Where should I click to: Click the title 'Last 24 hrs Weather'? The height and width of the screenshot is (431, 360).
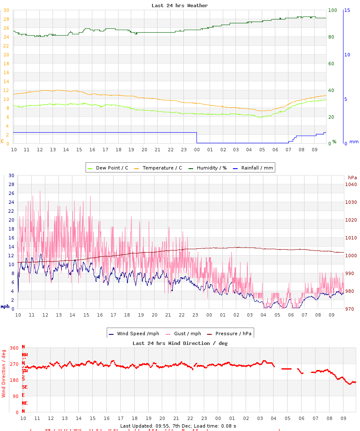click(x=180, y=6)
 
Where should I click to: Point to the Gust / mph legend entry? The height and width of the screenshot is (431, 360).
click(x=184, y=334)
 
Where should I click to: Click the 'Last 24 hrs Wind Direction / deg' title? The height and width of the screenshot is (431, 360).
click(x=180, y=343)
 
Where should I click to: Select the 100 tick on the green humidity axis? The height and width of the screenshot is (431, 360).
click(x=332, y=10)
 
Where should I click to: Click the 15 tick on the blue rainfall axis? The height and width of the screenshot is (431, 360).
click(x=347, y=10)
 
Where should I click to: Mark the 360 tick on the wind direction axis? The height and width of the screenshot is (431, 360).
click(x=14, y=348)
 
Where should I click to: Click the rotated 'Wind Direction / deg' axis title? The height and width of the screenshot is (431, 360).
click(x=4, y=373)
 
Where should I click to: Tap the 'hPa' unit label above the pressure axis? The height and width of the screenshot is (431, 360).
click(x=352, y=177)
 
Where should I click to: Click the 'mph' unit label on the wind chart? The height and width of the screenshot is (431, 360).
click(x=5, y=306)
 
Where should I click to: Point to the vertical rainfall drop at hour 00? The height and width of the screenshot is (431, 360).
click(x=197, y=138)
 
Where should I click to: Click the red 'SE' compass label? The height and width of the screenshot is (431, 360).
click(x=25, y=387)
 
